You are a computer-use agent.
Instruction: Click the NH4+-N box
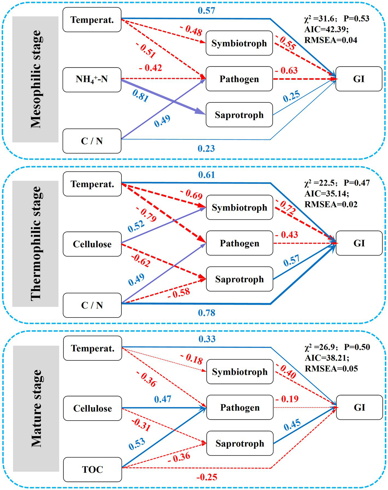(x=92, y=80)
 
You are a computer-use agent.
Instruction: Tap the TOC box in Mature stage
(x=92, y=469)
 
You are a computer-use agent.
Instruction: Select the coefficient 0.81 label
(x=140, y=96)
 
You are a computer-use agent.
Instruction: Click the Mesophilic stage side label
(x=36, y=79)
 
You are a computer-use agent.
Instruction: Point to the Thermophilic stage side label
(x=36, y=243)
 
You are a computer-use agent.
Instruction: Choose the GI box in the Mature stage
(x=359, y=407)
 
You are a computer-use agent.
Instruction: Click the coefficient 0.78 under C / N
(x=207, y=313)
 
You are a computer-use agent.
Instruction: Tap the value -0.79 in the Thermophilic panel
(x=146, y=215)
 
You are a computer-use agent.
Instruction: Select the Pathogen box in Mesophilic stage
(x=239, y=79)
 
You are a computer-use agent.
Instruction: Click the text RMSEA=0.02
(x=331, y=204)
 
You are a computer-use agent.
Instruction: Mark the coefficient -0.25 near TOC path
(x=207, y=477)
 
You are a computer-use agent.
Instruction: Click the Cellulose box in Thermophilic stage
(x=92, y=244)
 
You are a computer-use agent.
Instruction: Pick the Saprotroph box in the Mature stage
(x=240, y=443)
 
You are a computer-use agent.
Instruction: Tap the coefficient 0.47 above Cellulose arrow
(x=163, y=399)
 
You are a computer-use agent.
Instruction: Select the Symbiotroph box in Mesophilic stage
(x=239, y=43)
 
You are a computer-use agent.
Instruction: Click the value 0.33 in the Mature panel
(x=207, y=339)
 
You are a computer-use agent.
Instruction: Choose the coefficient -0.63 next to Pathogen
(x=286, y=71)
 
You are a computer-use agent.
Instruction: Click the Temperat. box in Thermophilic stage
(x=92, y=184)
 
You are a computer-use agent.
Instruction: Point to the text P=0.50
(x=357, y=347)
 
